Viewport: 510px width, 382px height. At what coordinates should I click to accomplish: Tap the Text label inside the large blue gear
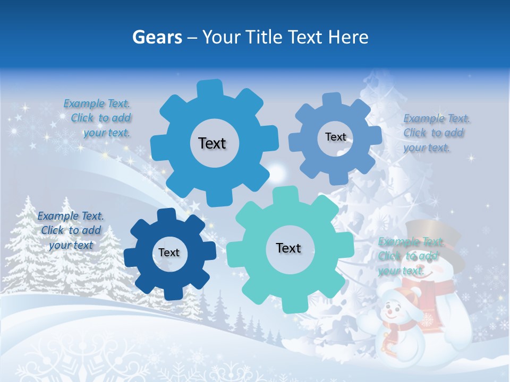pos(212,143)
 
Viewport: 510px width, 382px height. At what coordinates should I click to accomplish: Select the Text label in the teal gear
pos(288,248)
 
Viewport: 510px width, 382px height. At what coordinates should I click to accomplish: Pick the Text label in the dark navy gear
pos(169,253)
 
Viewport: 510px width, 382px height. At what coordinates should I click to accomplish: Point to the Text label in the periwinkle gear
pos(335,137)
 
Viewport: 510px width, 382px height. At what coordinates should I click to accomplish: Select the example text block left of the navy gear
pos(71,230)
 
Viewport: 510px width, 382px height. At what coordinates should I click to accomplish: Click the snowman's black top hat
pos(433,233)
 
